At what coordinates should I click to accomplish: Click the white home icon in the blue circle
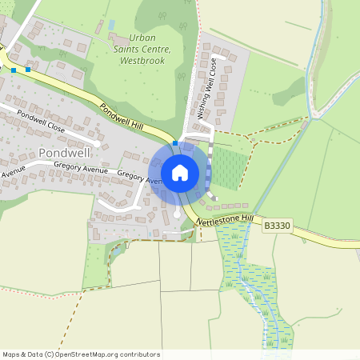click(x=180, y=172)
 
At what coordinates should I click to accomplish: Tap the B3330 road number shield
click(x=276, y=228)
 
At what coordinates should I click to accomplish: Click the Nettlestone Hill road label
click(x=225, y=217)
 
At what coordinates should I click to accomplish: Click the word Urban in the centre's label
click(x=143, y=38)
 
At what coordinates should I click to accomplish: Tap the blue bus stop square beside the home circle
click(x=175, y=142)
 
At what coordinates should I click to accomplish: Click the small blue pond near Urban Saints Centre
click(x=110, y=25)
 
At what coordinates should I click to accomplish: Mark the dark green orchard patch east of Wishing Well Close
click(x=226, y=167)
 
